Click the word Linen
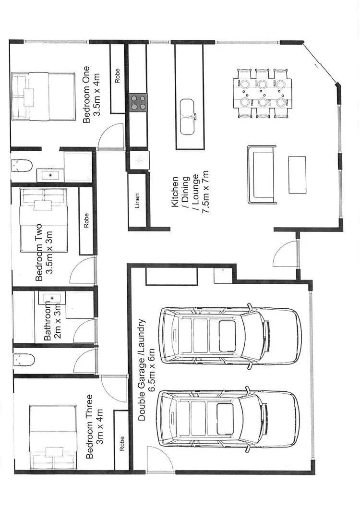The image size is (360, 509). point(137,204)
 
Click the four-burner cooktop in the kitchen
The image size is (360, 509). point(138,102)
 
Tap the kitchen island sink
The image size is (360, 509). point(187,117)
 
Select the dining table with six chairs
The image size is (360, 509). point(262,93)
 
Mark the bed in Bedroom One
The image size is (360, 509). point(43,96)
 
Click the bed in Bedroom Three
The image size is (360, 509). point(52,438)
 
